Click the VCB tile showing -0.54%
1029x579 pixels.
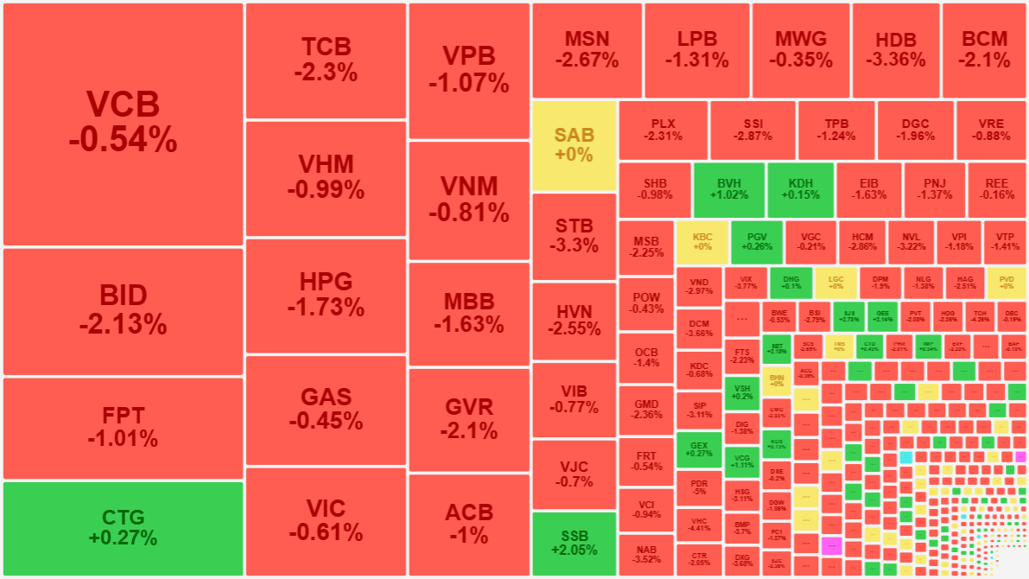pos(123,124)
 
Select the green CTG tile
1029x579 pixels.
pos(123,528)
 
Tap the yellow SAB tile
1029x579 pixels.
pos(574,145)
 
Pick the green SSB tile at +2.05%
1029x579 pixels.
pos(574,543)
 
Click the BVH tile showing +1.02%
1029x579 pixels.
pos(728,188)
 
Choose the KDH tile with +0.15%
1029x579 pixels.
pos(800,188)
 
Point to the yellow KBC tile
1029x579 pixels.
pos(702,241)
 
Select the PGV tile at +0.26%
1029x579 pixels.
pos(757,241)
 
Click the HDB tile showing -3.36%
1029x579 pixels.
pos(895,50)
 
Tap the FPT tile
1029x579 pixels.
pos(123,427)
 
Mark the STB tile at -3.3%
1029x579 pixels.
pos(574,236)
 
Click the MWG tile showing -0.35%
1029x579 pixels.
pos(800,49)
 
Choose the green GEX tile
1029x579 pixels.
pos(698,449)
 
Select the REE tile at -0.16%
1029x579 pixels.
pos(997,188)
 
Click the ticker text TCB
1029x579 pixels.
pos(325,48)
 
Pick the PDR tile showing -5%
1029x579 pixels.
pos(698,487)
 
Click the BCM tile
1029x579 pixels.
pos(984,49)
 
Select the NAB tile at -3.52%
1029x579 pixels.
pos(645,554)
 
